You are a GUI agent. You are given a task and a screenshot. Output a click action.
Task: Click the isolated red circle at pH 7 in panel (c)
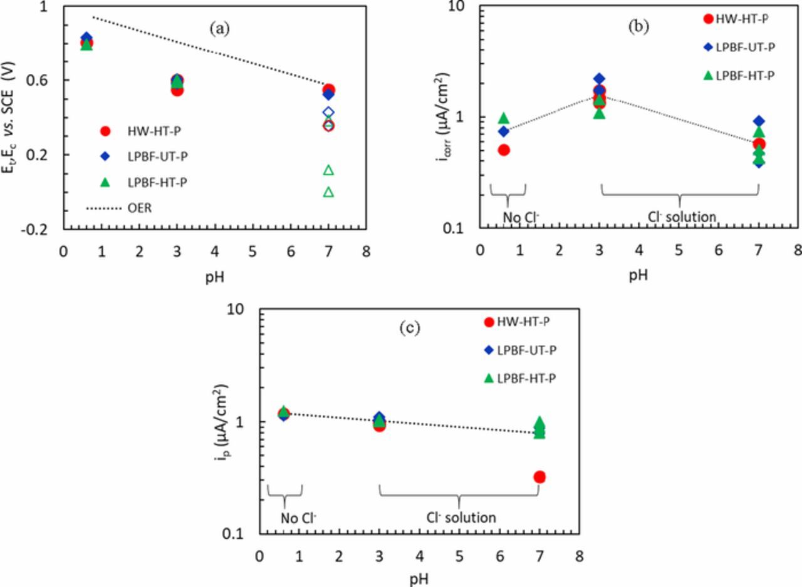tap(539, 477)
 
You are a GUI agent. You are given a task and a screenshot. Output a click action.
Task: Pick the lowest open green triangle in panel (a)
tap(328, 191)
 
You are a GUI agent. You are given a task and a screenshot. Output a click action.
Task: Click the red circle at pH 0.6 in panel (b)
tap(503, 150)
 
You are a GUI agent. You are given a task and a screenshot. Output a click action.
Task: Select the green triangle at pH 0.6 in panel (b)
tap(503, 118)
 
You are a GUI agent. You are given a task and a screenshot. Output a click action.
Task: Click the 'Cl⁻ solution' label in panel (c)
tap(461, 518)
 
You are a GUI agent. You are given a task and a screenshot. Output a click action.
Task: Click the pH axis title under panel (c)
tap(419, 578)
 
